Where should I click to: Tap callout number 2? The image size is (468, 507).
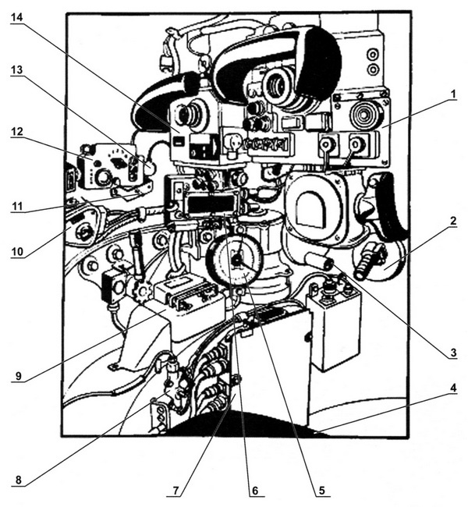click(x=452, y=221)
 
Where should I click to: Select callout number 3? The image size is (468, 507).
click(x=452, y=352)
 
